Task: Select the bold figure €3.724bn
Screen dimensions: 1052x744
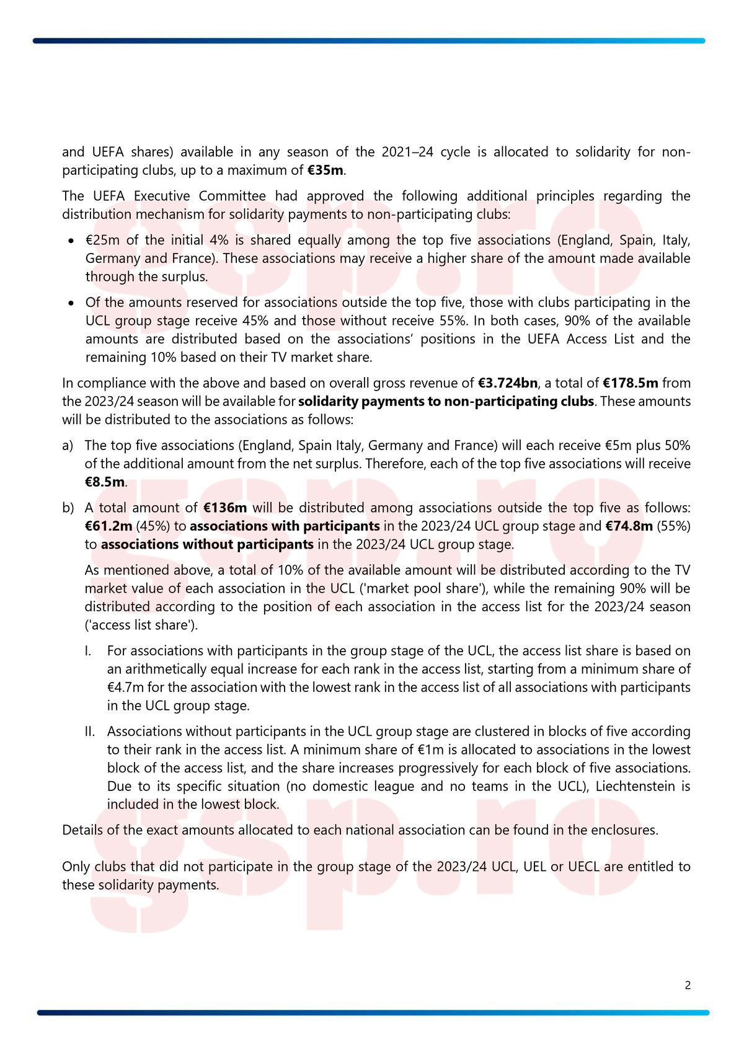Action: (x=508, y=383)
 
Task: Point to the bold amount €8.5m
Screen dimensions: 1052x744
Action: (x=104, y=482)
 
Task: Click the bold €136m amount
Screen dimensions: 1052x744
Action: (x=225, y=508)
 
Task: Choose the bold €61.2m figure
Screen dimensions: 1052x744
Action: (x=108, y=526)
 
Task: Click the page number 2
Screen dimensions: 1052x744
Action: (x=688, y=986)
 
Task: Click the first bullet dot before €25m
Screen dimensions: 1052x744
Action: (x=73, y=241)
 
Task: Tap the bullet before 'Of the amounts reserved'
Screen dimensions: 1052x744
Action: (x=73, y=303)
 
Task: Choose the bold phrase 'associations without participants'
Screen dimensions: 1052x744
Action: (x=207, y=545)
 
